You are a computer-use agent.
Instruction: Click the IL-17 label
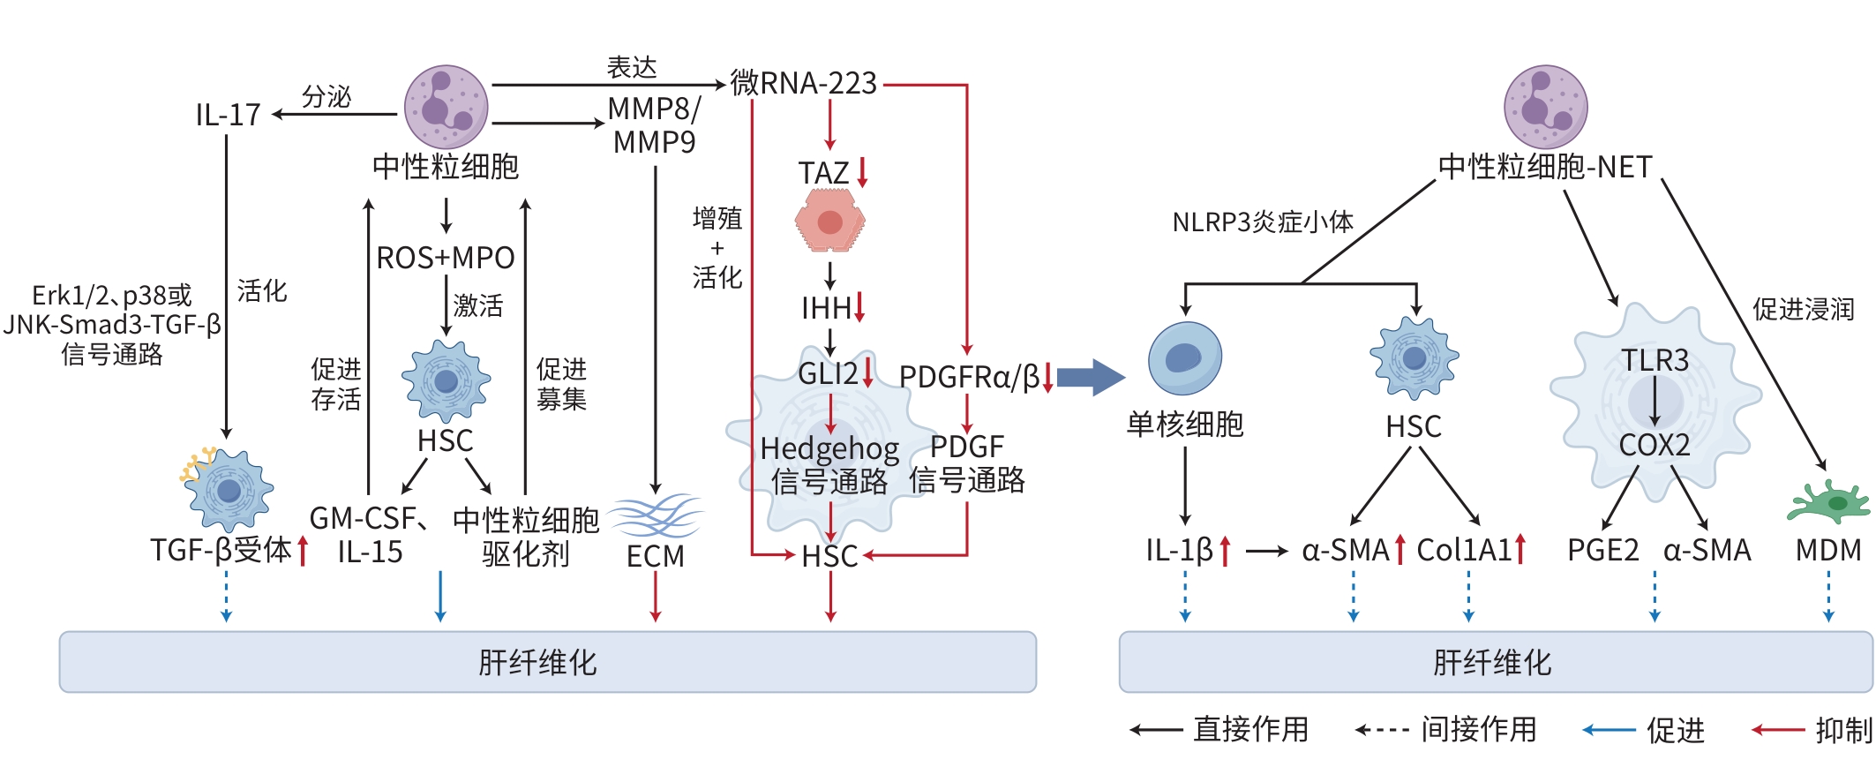(228, 115)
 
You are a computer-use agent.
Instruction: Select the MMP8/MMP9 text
(654, 125)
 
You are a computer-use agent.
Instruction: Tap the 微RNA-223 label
(804, 83)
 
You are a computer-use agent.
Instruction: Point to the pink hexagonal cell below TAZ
(829, 222)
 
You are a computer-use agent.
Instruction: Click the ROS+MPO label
(446, 258)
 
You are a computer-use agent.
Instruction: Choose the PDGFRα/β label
(969, 377)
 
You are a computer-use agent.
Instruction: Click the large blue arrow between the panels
(1091, 377)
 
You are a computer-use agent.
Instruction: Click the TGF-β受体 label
(221, 550)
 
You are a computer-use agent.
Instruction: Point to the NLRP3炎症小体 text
(1263, 222)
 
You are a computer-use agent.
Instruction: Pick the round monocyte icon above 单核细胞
(1185, 357)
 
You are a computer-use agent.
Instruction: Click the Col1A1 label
(1464, 550)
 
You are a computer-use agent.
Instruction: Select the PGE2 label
(1602, 550)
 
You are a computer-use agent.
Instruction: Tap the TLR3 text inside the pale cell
(1655, 360)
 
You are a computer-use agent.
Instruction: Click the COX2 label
(1655, 445)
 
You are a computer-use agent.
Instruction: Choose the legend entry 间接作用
(1479, 729)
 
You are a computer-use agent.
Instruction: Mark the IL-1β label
(1180, 550)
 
